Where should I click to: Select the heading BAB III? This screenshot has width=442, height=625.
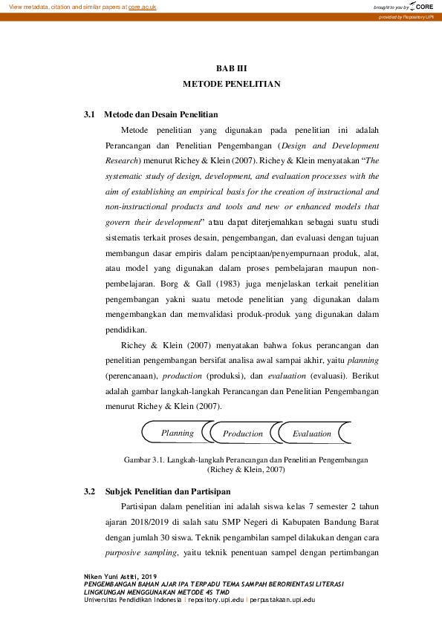(231, 68)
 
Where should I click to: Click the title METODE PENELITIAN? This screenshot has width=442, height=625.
(232, 84)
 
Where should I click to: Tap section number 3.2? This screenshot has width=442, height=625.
(91, 491)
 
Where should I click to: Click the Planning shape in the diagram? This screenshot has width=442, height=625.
(177, 433)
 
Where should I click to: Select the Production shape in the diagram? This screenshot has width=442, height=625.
(243, 433)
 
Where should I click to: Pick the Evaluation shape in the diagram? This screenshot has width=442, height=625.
(311, 433)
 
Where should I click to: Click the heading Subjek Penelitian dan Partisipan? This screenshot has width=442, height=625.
(167, 491)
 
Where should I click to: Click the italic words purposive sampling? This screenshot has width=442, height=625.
(140, 553)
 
